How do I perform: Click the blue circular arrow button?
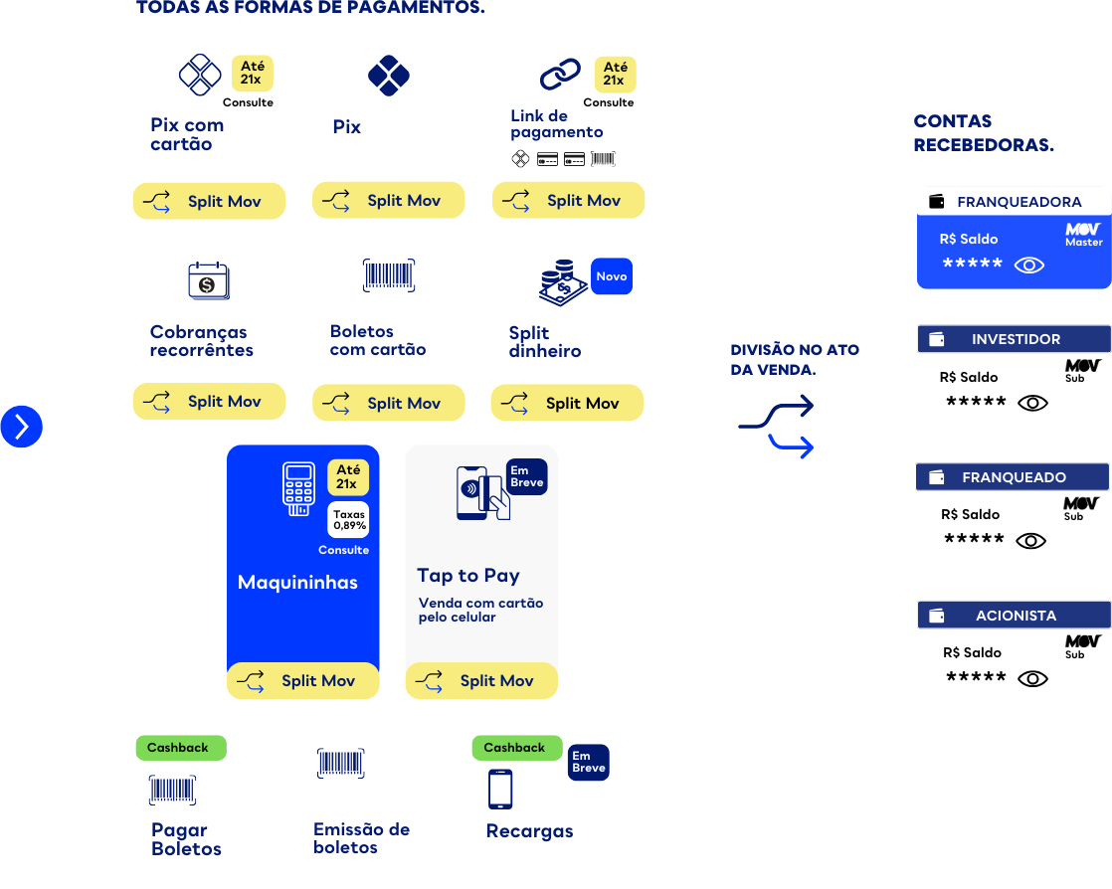pos(21,427)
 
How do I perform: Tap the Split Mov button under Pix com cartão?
pos(209,201)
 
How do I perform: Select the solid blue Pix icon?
pos(389,76)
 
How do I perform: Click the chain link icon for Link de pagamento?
pos(560,75)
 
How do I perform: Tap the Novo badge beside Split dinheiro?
pos(612,276)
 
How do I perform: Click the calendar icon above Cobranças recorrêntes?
pos(209,280)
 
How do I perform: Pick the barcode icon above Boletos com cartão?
pos(389,275)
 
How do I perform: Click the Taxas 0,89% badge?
pos(348,520)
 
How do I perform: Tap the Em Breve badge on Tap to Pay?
pos(527,476)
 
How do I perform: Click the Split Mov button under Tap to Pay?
pos(481,680)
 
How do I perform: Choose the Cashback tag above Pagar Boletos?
pos(181,748)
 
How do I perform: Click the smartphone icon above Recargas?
pos(500,789)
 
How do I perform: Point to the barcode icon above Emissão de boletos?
pos(340,763)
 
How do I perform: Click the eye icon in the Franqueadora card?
pos(1029,266)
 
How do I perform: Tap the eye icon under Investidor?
pos(1032,403)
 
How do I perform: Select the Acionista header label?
pos(1016,616)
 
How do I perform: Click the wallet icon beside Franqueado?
pos(936,477)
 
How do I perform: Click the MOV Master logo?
pos(1083,235)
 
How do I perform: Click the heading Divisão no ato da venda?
pos(795,359)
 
